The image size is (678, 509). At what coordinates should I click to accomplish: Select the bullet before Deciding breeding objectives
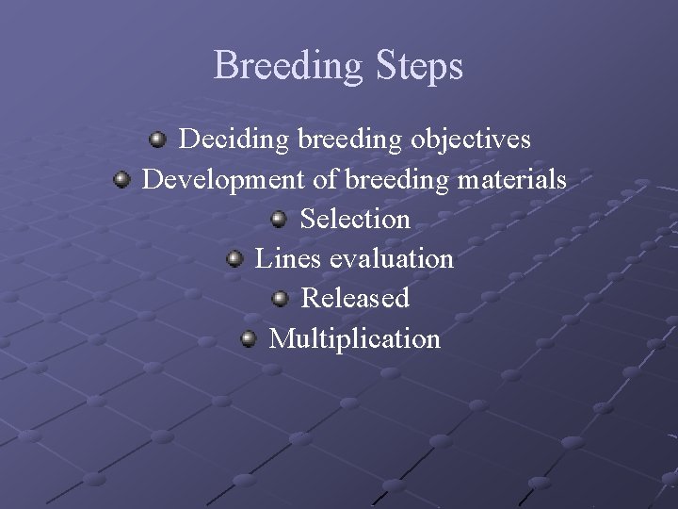tap(158, 140)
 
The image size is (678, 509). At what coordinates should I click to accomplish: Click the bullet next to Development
tap(121, 178)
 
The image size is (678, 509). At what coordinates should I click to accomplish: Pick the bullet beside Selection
tap(280, 219)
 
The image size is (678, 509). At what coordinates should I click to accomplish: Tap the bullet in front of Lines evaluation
tap(234, 258)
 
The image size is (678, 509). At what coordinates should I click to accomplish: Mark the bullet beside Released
tap(281, 299)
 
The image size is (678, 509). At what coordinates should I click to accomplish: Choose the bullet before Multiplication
tap(249, 338)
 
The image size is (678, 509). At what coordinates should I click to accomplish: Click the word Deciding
tap(234, 140)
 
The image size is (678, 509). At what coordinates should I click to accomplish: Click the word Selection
tap(355, 220)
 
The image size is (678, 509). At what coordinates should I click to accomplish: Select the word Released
tap(355, 299)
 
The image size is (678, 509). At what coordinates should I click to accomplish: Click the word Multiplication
tap(355, 338)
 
